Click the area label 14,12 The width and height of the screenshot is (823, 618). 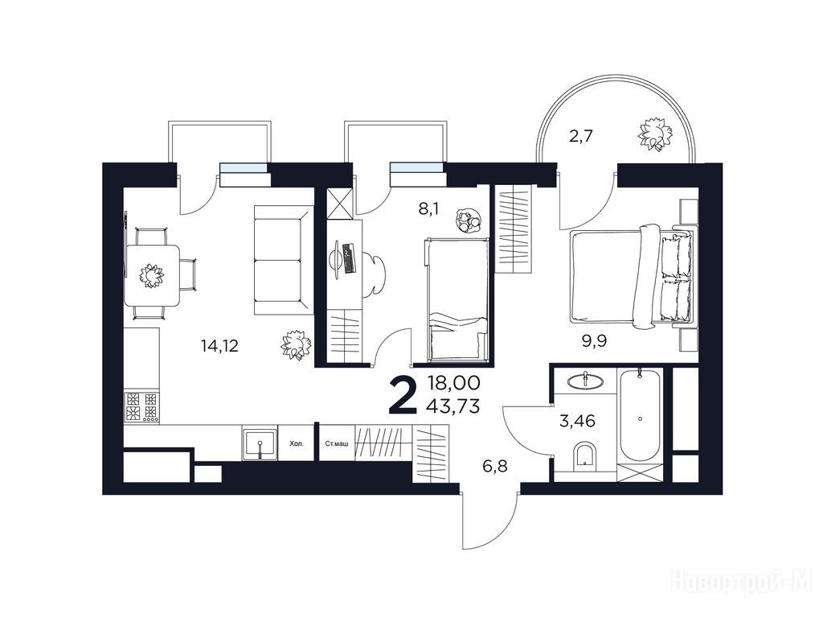[x=219, y=346]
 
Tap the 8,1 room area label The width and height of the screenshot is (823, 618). [x=428, y=209]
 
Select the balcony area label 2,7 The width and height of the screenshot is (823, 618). [x=581, y=137]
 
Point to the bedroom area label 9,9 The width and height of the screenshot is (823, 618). [x=594, y=341]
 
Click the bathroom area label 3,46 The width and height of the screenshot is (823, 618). [x=577, y=421]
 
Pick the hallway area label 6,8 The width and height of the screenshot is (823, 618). [x=495, y=466]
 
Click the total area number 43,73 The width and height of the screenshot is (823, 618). [x=453, y=406]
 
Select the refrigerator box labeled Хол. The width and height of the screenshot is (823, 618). [x=297, y=443]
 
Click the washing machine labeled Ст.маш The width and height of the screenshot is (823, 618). [x=337, y=443]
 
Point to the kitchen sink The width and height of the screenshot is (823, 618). [x=260, y=443]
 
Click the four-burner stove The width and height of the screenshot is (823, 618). [x=141, y=406]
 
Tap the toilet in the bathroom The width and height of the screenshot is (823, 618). [x=584, y=455]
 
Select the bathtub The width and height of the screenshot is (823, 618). [x=640, y=416]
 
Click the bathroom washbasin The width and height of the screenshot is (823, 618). [x=584, y=381]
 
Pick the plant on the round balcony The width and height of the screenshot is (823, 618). [x=655, y=134]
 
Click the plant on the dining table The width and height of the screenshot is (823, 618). [x=152, y=275]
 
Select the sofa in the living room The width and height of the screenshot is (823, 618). [x=284, y=260]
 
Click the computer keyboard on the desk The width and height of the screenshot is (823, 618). [x=347, y=258]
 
